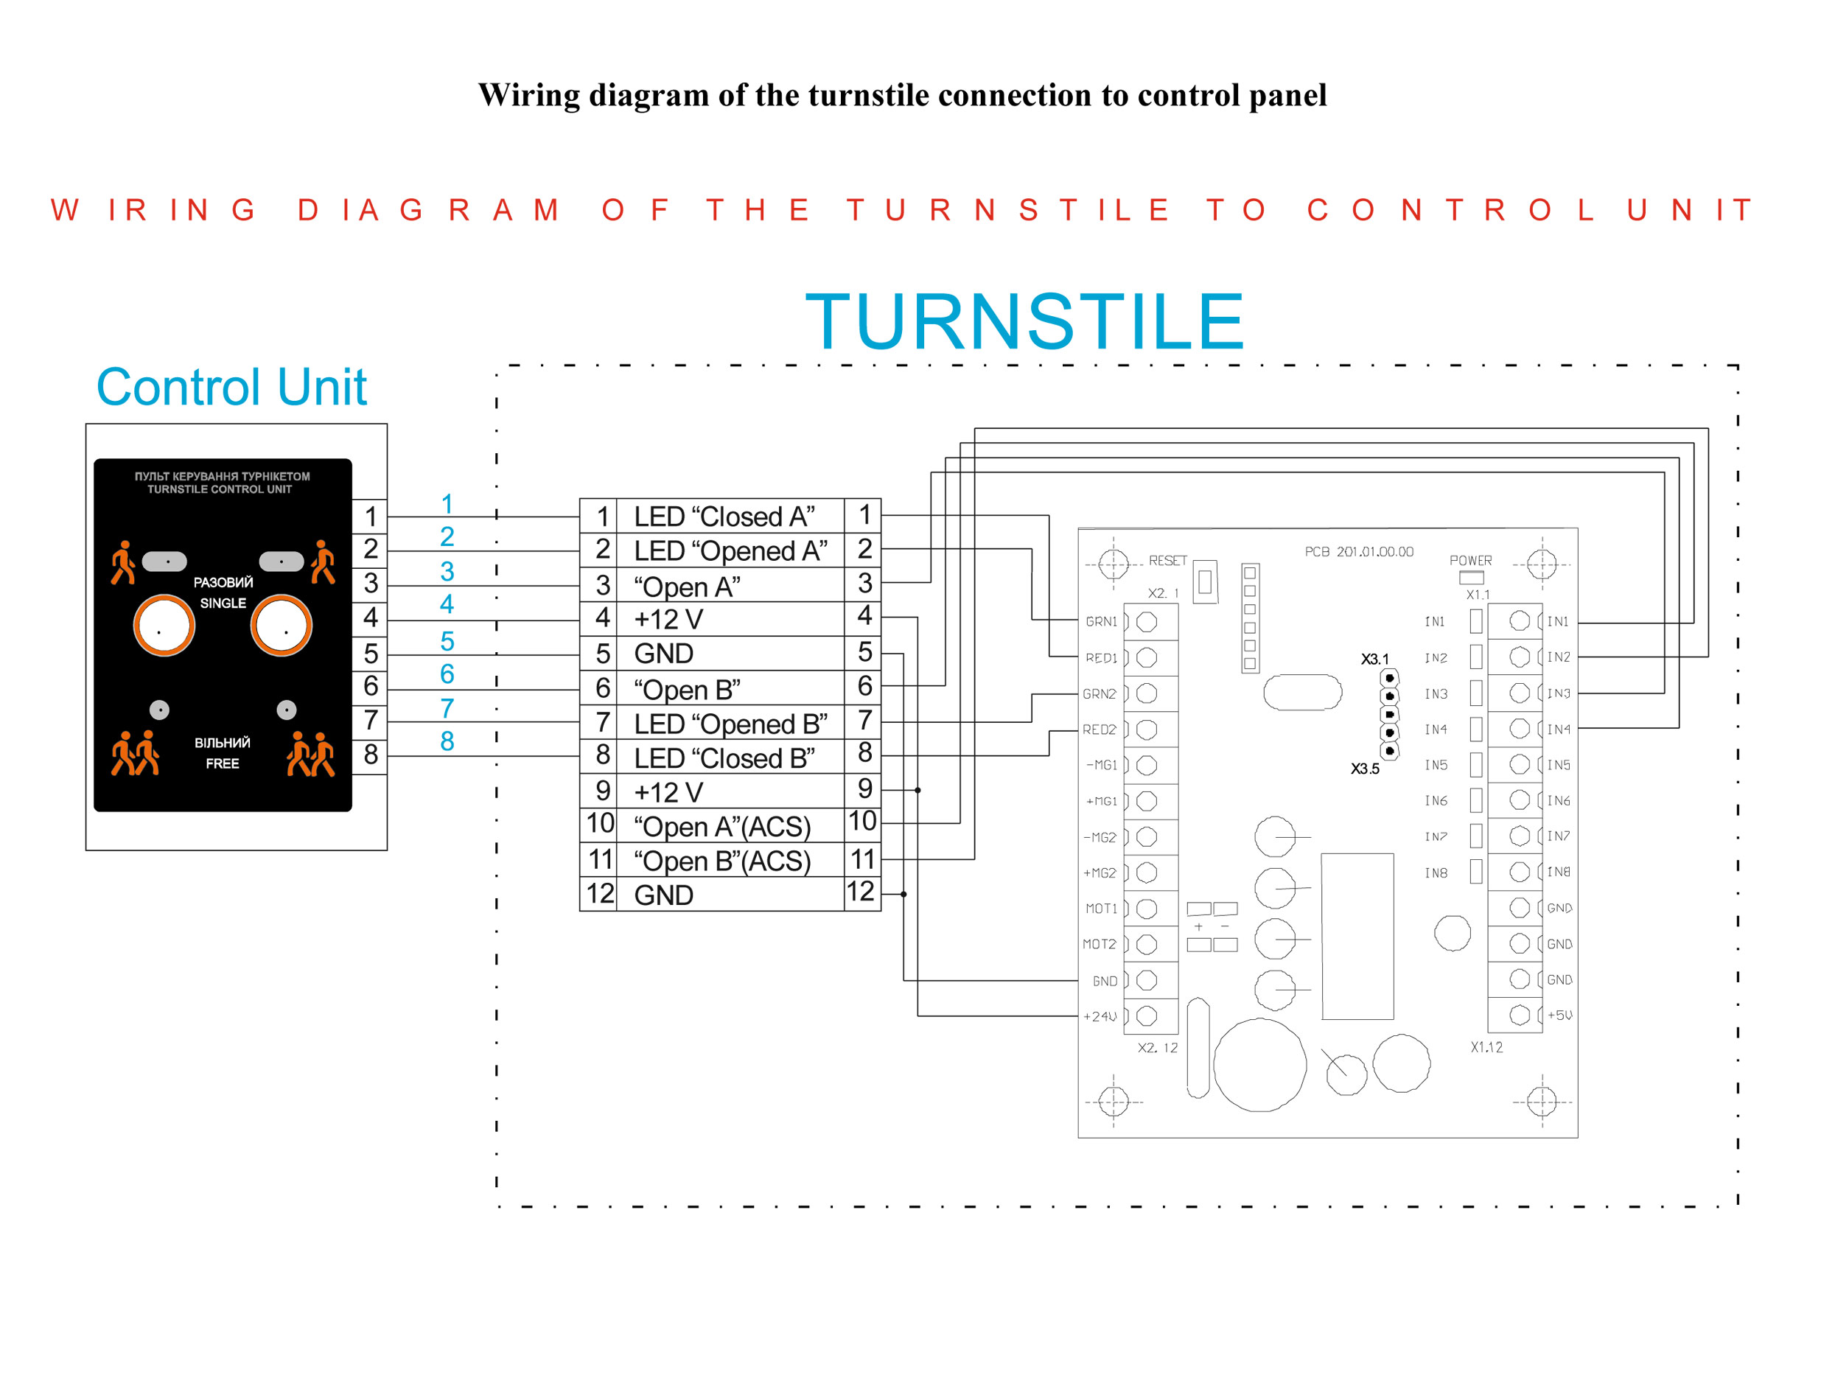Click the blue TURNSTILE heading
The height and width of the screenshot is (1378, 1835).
tap(1024, 322)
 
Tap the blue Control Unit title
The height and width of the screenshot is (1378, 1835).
tap(231, 387)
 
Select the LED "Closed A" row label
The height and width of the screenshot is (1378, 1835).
tap(724, 517)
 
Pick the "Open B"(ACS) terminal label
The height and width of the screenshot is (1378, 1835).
tap(721, 861)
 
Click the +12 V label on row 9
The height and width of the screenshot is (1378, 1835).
tap(668, 792)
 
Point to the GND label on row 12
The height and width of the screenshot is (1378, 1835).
tap(664, 895)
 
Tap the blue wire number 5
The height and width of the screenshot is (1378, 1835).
tap(447, 641)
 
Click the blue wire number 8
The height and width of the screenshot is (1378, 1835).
tap(447, 741)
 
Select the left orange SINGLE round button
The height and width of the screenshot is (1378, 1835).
tap(164, 626)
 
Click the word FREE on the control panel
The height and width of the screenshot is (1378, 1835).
tap(223, 763)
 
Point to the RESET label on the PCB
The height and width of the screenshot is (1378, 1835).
tap(1168, 561)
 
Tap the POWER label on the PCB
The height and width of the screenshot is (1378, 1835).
tap(1471, 561)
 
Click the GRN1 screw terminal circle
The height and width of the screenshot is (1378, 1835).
tap(1147, 621)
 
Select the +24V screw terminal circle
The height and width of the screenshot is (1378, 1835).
tap(1147, 1015)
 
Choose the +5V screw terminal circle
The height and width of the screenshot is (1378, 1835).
tap(1520, 1015)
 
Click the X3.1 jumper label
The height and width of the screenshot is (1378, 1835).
tap(1374, 660)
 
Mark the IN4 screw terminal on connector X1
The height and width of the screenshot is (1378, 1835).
tap(1520, 728)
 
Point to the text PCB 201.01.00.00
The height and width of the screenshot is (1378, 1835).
tap(1359, 552)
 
